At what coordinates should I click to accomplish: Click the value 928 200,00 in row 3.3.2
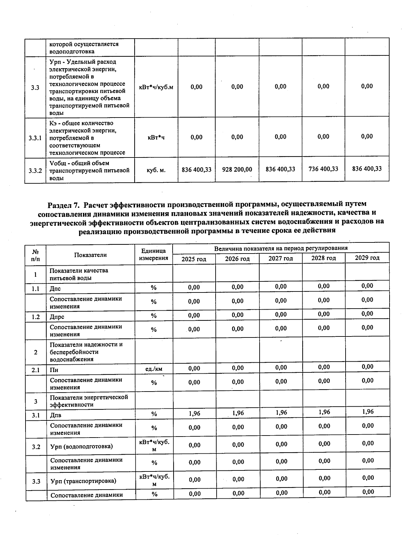237,170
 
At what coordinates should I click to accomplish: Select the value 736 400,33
323,169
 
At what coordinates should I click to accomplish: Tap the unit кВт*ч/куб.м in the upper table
156,87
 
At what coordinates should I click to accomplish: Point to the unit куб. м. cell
156,170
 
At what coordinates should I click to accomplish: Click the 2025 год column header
194,259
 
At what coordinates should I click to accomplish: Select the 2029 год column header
367,258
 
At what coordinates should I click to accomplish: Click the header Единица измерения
154,255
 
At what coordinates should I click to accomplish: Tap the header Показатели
90,255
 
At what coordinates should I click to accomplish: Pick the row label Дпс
55,288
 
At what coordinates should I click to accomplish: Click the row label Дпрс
57,317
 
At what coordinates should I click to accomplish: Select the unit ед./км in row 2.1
154,369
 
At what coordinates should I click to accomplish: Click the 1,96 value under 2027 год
281,412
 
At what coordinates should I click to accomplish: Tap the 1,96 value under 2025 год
194,413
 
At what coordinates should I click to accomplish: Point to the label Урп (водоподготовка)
82,446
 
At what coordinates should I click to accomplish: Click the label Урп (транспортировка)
83,481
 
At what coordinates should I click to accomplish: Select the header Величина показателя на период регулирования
281,248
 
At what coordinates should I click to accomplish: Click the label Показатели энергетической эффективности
89,401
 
